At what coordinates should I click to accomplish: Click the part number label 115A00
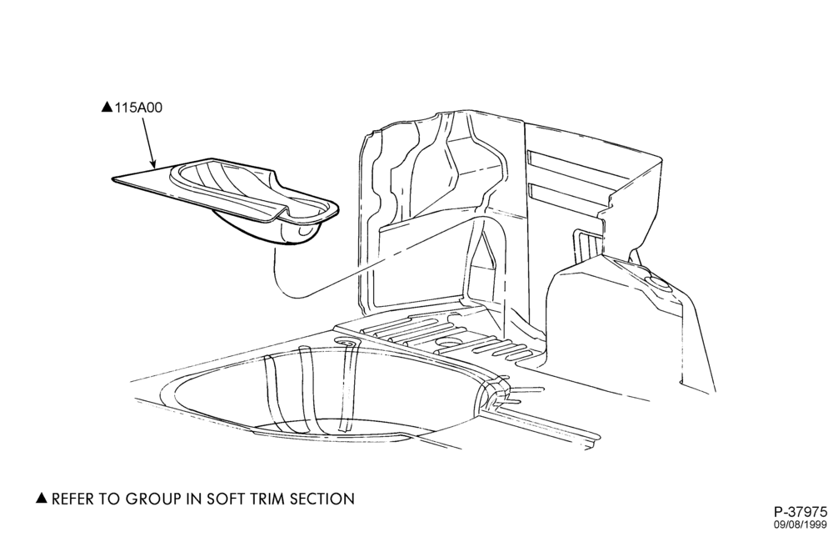(138, 108)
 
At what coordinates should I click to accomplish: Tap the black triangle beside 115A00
(107, 108)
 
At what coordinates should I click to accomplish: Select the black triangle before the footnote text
(42, 498)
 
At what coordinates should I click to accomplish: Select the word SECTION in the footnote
(323, 499)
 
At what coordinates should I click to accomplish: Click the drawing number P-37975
(801, 512)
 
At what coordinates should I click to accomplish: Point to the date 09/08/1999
(800, 524)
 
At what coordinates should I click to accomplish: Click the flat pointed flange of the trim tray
(141, 181)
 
